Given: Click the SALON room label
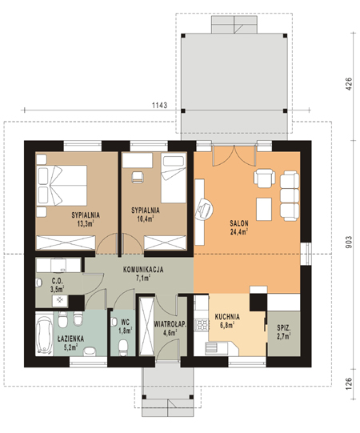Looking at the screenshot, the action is [x=239, y=223].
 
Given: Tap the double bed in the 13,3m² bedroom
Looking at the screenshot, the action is [x=62, y=186].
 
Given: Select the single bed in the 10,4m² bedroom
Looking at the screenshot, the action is [x=174, y=178].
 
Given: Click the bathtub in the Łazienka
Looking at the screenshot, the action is [x=45, y=334].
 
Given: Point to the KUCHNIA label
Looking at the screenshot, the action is [x=227, y=317].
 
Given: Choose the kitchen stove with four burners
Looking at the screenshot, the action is [x=202, y=324].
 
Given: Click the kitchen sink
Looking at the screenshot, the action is [x=216, y=348].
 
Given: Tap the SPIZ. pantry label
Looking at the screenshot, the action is [x=284, y=328].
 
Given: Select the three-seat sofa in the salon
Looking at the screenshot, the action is [x=290, y=196].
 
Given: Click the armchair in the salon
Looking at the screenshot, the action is [x=265, y=178].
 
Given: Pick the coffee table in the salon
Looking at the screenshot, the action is [x=264, y=209].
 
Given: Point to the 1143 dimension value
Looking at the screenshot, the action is [x=159, y=105].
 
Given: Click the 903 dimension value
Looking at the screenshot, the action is [x=349, y=242].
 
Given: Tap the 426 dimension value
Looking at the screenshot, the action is [x=349, y=84].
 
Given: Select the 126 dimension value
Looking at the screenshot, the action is [x=349, y=384].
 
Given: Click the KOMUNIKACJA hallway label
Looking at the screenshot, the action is [x=143, y=270].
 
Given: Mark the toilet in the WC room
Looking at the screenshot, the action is [x=123, y=347].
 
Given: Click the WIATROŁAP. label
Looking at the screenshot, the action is [x=170, y=324].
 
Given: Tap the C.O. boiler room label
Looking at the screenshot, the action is [x=57, y=281].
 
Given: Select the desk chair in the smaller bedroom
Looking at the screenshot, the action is [x=138, y=177].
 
